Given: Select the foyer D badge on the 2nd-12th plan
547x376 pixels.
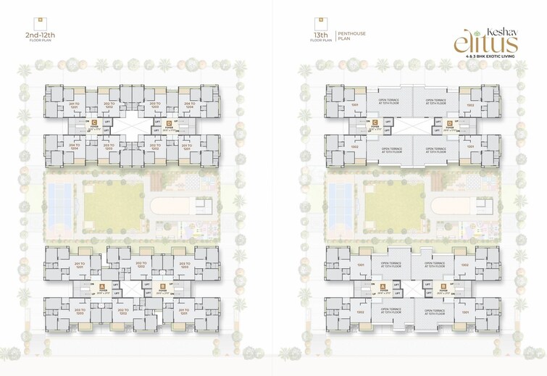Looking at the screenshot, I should click(x=169, y=122).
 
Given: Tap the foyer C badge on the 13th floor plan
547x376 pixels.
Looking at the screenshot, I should click(x=374, y=122).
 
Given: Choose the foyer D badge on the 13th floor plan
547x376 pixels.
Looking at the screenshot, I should click(x=450, y=122).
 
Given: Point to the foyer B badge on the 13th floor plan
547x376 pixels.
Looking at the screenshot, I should click(x=443, y=285).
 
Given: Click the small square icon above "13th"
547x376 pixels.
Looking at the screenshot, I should click(x=318, y=21).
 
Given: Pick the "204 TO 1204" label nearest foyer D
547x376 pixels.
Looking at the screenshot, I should click(x=190, y=106).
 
